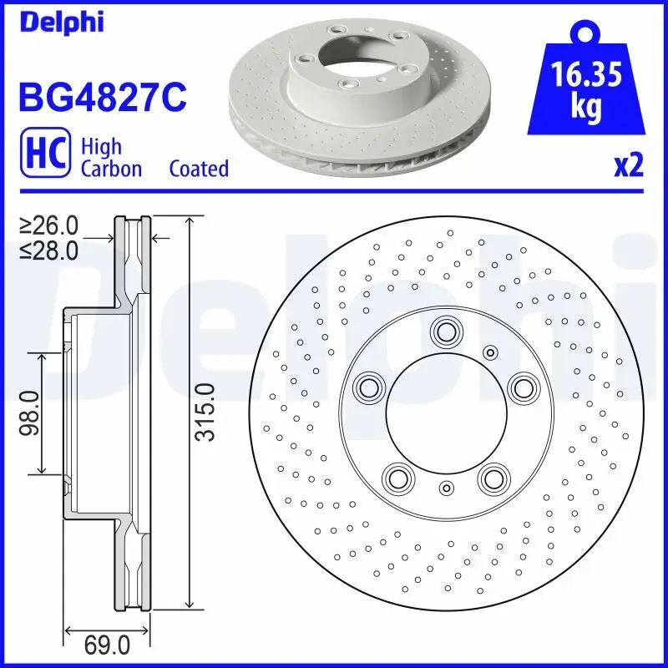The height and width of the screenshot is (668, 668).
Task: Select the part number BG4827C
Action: pyautogui.click(x=101, y=96)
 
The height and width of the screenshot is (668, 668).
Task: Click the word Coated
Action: pyautogui.click(x=198, y=169)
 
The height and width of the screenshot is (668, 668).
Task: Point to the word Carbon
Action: pyautogui.click(x=111, y=169)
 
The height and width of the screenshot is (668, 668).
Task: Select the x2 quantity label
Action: pyautogui.click(x=629, y=165)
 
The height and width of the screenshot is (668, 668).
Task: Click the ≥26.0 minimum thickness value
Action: pyautogui.click(x=49, y=225)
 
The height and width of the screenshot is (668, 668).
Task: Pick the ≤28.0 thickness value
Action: pyautogui.click(x=49, y=249)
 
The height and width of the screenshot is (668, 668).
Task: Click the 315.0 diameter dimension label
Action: pyautogui.click(x=205, y=412)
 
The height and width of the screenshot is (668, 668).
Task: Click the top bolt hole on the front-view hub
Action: pyautogui.click(x=444, y=332)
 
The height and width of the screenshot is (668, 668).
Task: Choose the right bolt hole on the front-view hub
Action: pyautogui.click(x=523, y=387)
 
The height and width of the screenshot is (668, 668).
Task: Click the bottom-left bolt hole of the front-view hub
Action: pyautogui.click(x=397, y=478)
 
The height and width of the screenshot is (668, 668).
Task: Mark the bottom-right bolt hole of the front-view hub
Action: pyautogui.click(x=493, y=478)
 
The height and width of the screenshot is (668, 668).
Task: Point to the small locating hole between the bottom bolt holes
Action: pyautogui.click(x=445, y=488)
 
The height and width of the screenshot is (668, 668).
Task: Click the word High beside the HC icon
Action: pyautogui.click(x=101, y=147)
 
